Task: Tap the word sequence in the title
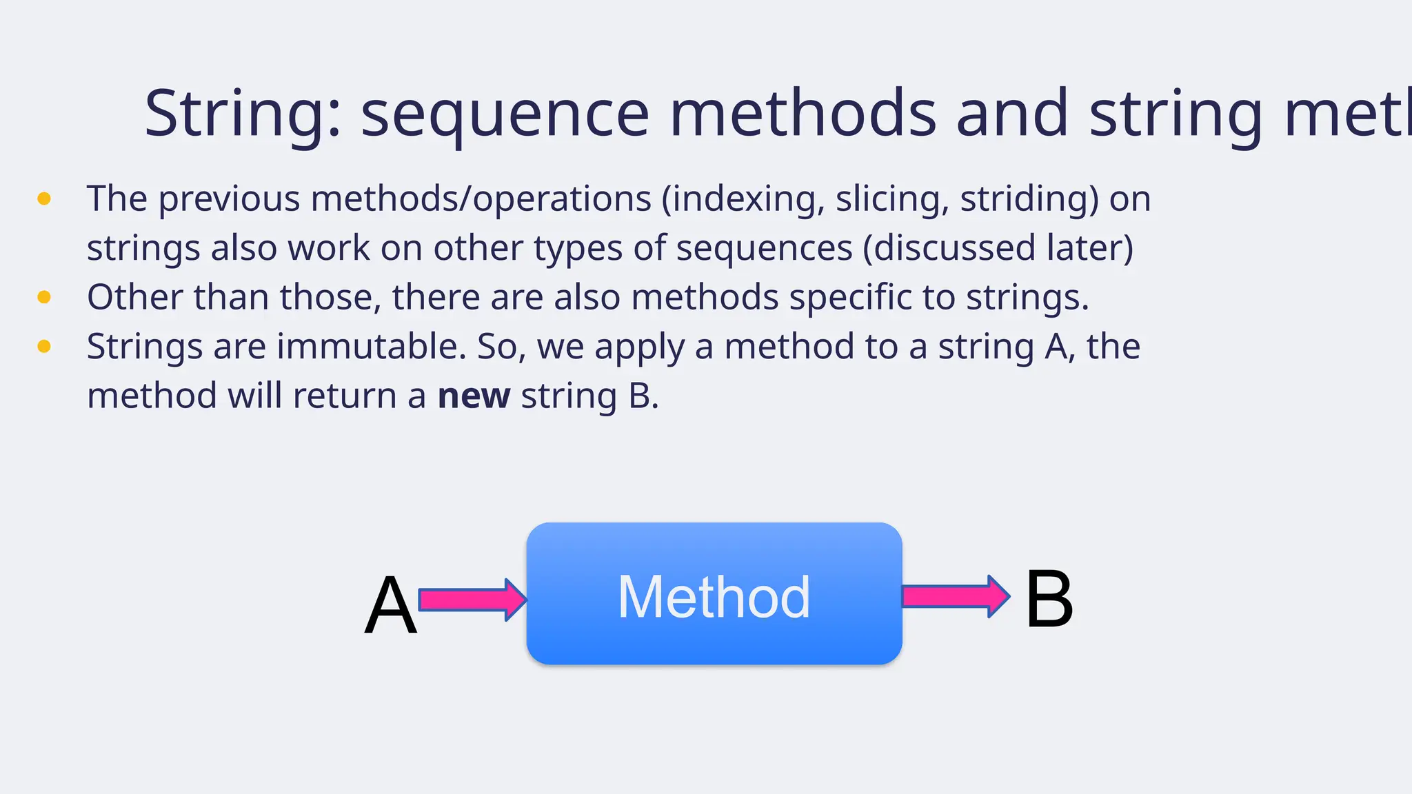click(505, 114)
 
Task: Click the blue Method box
click(714, 594)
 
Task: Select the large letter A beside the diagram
click(391, 606)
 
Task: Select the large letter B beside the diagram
click(1049, 600)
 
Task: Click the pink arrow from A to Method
click(472, 599)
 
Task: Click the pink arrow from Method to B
click(956, 595)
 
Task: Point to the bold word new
click(474, 396)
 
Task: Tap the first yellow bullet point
click(44, 199)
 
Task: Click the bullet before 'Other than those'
click(44, 297)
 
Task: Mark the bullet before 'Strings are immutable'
click(44, 346)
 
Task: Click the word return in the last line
click(345, 396)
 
